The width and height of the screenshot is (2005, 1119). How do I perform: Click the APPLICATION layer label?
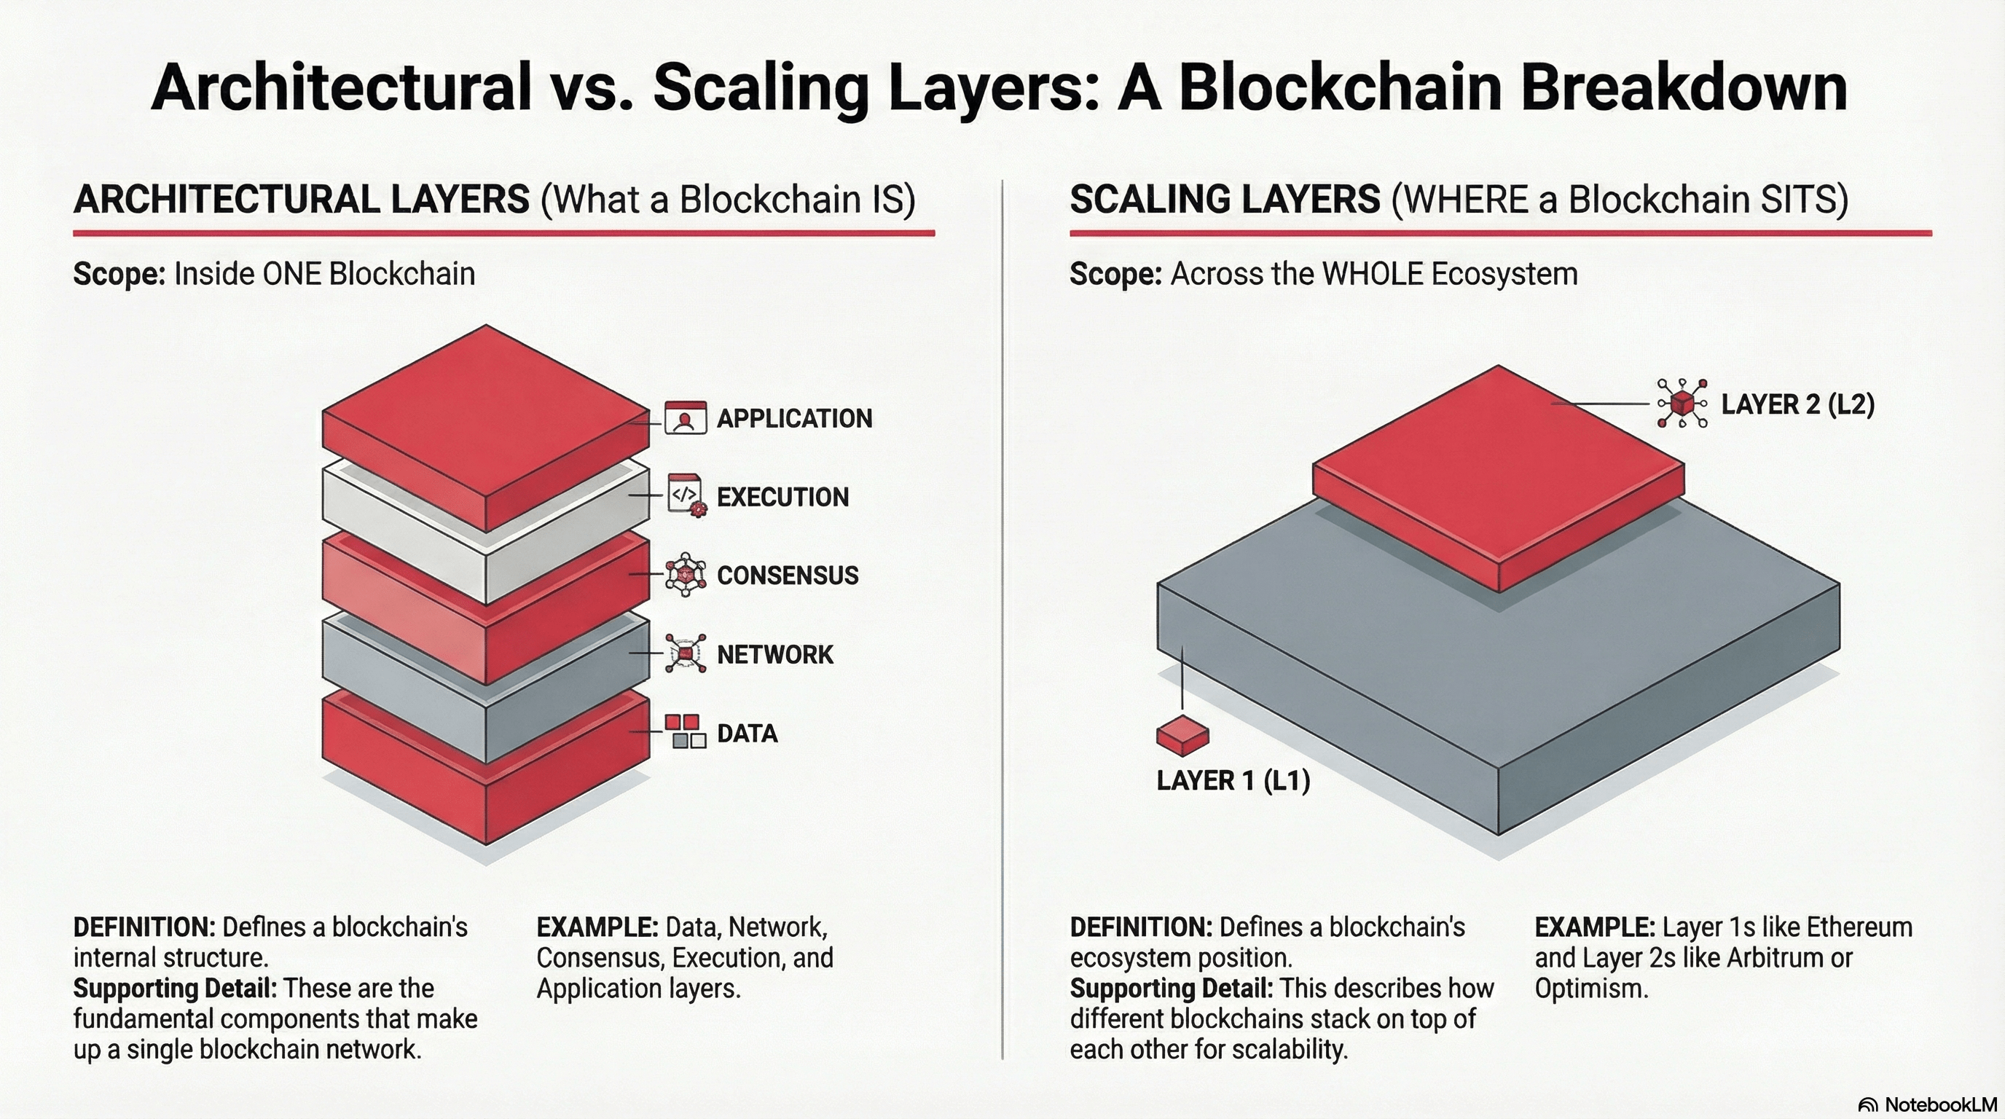click(794, 419)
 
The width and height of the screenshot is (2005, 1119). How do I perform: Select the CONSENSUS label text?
click(787, 576)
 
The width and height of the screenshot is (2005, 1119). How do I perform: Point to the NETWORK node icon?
click(686, 653)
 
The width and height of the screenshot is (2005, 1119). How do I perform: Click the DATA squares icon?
click(686, 731)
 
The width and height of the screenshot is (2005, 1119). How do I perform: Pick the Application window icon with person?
click(685, 418)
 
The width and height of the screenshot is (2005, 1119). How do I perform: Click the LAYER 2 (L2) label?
click(1797, 404)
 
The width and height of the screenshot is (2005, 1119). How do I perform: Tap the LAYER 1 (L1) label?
click(1233, 780)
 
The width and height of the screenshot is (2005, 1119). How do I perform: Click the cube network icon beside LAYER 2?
click(1682, 404)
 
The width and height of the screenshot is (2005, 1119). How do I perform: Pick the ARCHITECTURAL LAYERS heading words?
click(301, 200)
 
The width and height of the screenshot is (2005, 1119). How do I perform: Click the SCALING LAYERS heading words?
click(1224, 200)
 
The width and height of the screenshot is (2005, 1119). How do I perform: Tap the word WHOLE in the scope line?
click(1371, 274)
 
